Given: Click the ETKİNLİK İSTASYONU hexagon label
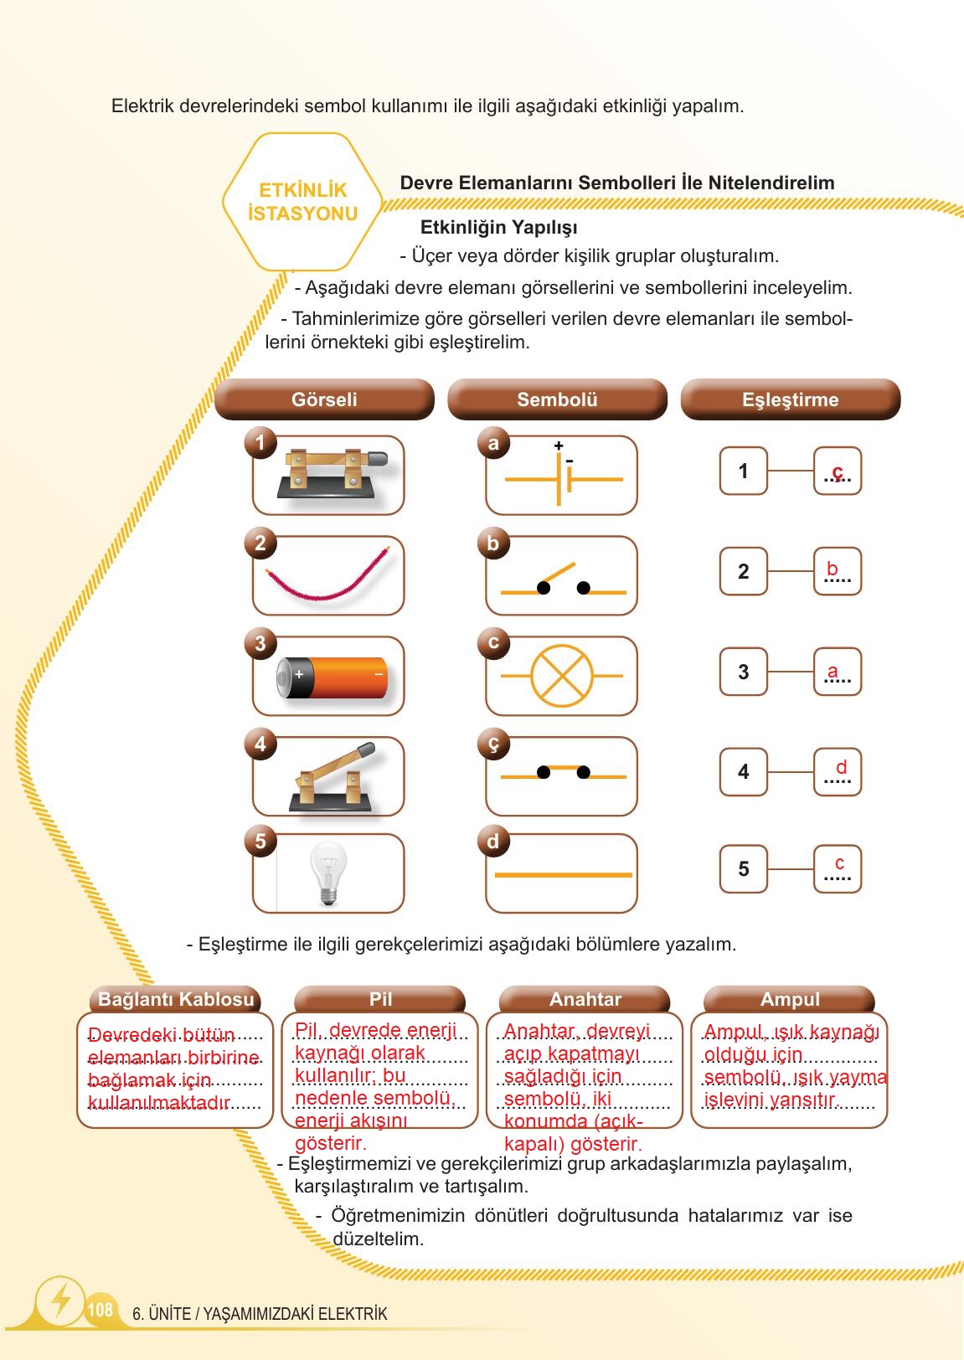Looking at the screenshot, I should pyautogui.click(x=302, y=202).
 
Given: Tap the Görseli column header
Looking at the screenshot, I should pyautogui.click(x=324, y=399).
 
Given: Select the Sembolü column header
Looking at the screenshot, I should pyautogui.click(x=557, y=399).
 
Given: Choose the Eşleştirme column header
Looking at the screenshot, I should pyautogui.click(x=790, y=399).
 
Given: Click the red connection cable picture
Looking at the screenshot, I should pyautogui.click(x=327, y=576).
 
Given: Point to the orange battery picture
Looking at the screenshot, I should pyautogui.click(x=333, y=677).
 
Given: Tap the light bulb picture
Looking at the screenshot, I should pyautogui.click(x=328, y=873).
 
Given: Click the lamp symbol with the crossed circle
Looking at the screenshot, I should pyautogui.click(x=562, y=676).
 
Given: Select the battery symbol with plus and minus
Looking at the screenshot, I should pyautogui.click(x=562, y=477).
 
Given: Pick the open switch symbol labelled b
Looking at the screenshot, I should pyautogui.click(x=562, y=580).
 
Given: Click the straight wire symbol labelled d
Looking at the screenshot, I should pyautogui.click(x=562, y=874).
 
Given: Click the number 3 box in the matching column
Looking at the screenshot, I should pyautogui.click(x=743, y=672).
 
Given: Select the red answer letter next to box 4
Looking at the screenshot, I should pyautogui.click(x=841, y=767).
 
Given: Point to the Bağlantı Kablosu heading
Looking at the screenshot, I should pyautogui.click(x=176, y=999).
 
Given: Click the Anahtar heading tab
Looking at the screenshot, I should pyautogui.click(x=585, y=999).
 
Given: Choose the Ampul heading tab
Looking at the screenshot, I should pyautogui.click(x=790, y=999).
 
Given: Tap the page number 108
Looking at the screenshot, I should pyautogui.click(x=100, y=1309).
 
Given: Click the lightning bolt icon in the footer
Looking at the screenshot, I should pyautogui.click(x=60, y=1300).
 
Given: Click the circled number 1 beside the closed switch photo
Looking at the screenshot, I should pyautogui.click(x=260, y=442).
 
